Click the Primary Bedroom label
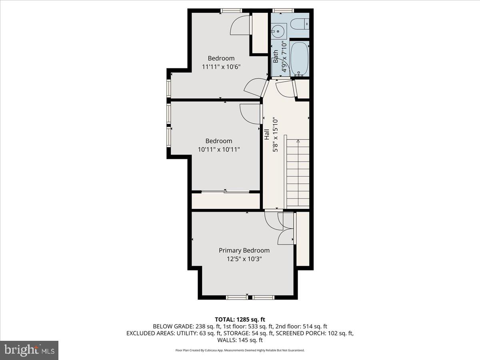(244, 250)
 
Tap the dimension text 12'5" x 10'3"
(244, 259)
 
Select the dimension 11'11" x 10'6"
(221, 67)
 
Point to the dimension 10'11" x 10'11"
(219, 149)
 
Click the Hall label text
(267, 134)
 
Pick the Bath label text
(276, 56)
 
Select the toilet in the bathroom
(300, 24)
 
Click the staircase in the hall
(298, 172)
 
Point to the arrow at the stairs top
(298, 141)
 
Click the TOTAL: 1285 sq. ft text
(240, 319)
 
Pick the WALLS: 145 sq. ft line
(240, 340)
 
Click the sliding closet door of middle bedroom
(225, 192)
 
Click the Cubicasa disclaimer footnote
(240, 350)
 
